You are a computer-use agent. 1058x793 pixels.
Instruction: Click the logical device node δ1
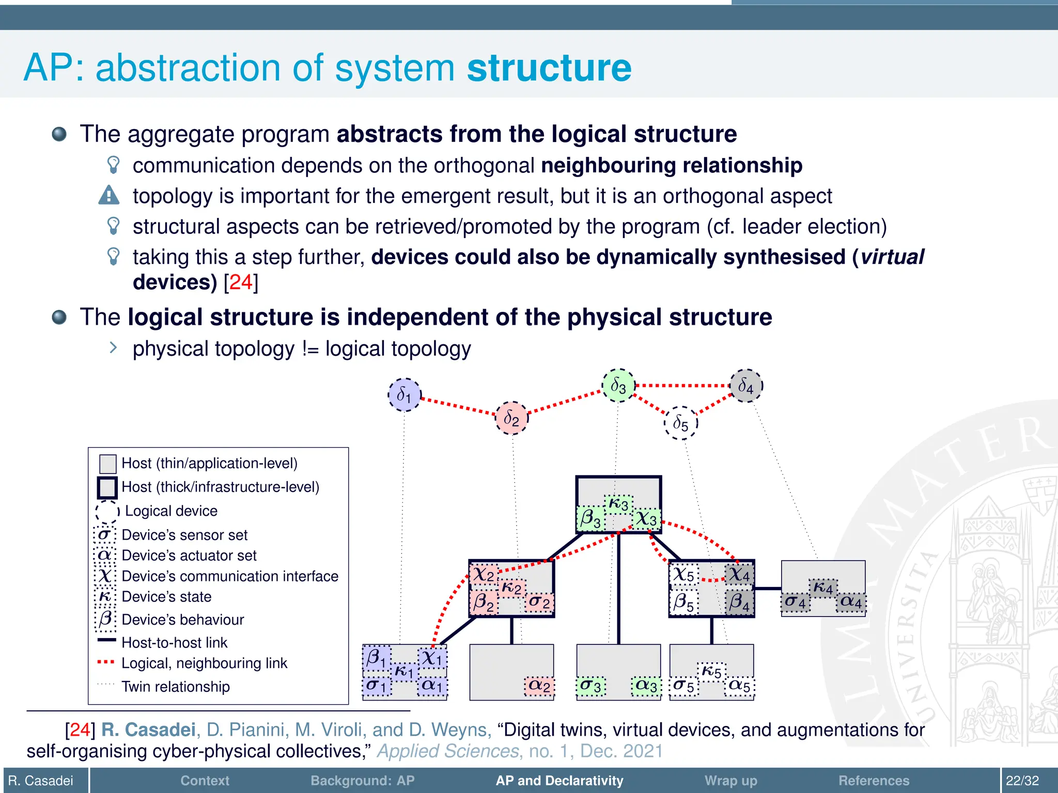pos(404,395)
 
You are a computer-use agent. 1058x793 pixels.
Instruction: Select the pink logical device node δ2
pos(511,418)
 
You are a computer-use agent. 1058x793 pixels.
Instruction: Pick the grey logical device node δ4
pos(746,386)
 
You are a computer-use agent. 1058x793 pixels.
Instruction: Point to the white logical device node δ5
pos(681,423)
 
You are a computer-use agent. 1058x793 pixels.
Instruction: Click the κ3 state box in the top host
pos(618,504)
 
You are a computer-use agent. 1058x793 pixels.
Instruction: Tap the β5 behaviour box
pos(684,602)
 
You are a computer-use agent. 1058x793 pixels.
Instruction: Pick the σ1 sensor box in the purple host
pos(377,686)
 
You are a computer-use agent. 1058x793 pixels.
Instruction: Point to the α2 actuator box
pos(539,686)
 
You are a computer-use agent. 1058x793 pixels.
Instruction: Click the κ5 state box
pos(711,672)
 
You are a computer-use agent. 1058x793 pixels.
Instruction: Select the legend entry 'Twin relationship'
pos(176,687)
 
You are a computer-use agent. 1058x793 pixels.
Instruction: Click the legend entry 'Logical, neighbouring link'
pos(204,663)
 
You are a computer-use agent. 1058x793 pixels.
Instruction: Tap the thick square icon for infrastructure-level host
pos(107,487)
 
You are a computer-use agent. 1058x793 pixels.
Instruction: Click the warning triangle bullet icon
pos(109,196)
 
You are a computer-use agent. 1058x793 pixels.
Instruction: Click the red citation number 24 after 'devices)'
pos(241,282)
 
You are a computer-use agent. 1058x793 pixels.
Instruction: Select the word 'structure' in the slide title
pos(549,68)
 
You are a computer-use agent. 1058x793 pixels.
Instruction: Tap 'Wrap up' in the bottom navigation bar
pos(730,781)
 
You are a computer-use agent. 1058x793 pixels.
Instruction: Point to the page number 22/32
pos(1022,781)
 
